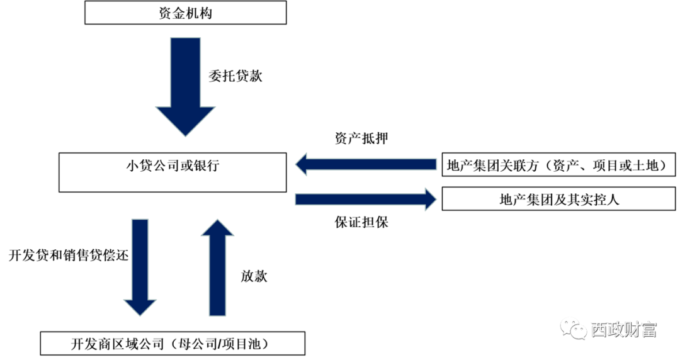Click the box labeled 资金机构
pos(185,13)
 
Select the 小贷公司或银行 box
pos(173,171)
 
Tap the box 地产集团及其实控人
pos(559,200)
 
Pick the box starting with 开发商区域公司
pos(173,344)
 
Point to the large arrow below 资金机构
pos(185,87)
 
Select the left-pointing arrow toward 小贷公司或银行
pos(365,165)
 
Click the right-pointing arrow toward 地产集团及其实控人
pos(365,200)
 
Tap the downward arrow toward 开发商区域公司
pos(140,267)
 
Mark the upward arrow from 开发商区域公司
pos(217,267)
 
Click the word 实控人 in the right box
pos(598,200)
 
